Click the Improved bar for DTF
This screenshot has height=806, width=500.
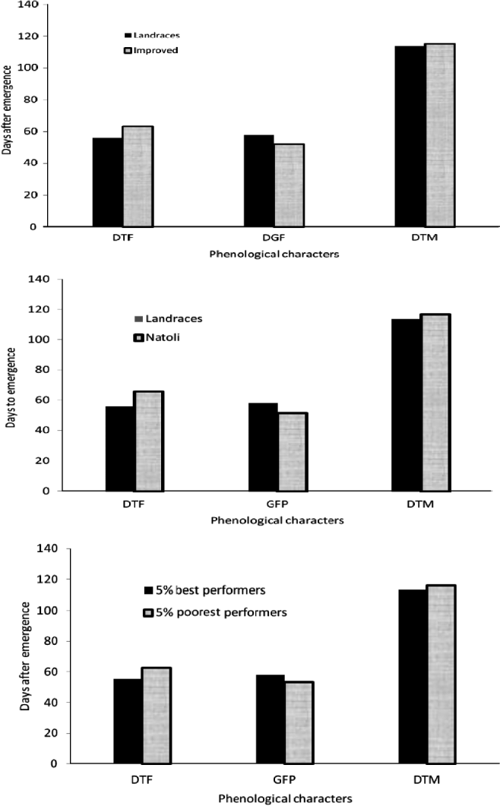tap(138, 176)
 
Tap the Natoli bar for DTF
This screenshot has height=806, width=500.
tap(149, 441)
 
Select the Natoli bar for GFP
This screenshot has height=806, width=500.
tap(293, 452)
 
